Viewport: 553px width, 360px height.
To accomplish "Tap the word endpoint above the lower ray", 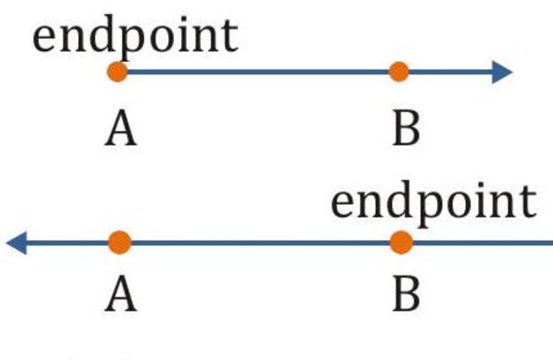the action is coord(433,203).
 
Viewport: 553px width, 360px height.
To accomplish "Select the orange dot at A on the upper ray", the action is coord(118,72).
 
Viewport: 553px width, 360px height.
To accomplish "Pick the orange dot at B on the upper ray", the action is coord(399,72).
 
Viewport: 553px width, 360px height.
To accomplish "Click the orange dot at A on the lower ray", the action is coord(120,242).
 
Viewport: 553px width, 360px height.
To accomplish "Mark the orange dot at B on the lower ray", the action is coord(401,242).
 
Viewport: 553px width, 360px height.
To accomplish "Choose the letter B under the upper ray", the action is coord(406,130).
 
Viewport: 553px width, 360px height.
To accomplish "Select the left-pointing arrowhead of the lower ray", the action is coord(17,242).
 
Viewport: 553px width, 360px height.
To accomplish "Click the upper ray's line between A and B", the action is coord(258,72).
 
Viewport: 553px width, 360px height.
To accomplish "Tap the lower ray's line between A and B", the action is coord(260,242).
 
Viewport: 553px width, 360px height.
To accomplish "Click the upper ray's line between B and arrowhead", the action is coord(449,72).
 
